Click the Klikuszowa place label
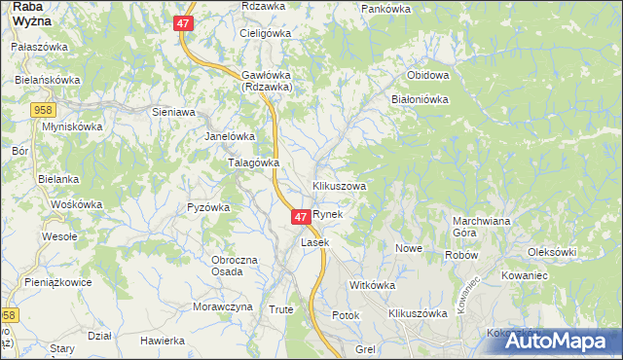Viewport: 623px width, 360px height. (x=339, y=185)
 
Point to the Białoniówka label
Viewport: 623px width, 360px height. (x=419, y=98)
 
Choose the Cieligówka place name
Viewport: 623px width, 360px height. (x=266, y=32)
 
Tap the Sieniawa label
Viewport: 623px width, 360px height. (x=174, y=112)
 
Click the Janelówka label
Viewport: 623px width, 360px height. (x=229, y=136)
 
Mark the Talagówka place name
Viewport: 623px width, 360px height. (x=253, y=162)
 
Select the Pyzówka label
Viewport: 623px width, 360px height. (x=207, y=207)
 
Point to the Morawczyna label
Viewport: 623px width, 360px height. (x=222, y=306)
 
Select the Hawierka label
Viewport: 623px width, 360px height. (x=163, y=341)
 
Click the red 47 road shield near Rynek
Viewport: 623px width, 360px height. (x=301, y=216)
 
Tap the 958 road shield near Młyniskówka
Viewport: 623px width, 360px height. (x=41, y=111)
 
